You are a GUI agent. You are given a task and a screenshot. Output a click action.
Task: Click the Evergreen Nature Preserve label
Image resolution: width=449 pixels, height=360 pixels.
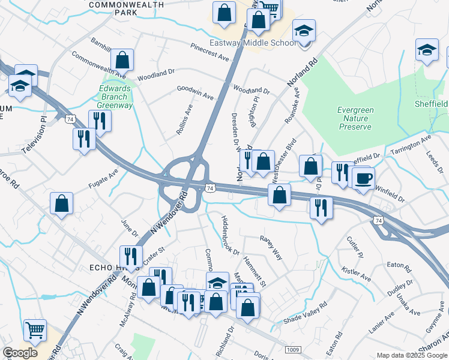point(355,118)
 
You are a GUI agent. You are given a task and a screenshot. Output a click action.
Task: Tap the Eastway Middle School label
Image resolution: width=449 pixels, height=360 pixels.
point(252,43)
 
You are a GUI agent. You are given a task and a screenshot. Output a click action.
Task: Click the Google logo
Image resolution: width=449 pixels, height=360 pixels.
point(20,353)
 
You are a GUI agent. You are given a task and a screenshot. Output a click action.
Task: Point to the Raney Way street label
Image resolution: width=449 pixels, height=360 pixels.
point(270,247)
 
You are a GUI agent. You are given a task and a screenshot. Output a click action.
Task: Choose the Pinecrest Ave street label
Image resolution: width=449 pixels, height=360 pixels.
point(209,52)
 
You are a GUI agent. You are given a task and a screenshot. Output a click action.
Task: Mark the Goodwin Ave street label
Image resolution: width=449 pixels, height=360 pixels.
point(195,92)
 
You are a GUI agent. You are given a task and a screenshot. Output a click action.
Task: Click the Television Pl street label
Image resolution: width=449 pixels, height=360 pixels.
point(34,136)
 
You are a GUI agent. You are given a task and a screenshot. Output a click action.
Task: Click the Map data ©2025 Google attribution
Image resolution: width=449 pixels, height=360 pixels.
point(412,355)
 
